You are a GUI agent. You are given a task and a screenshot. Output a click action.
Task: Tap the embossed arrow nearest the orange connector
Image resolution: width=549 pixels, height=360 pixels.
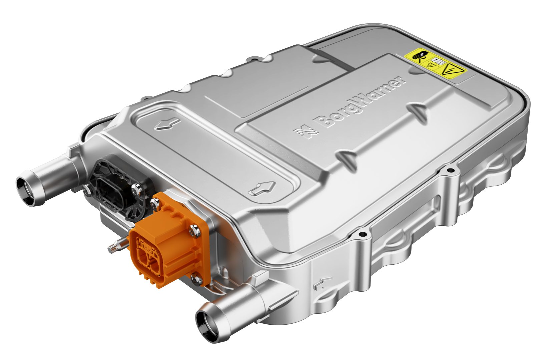point(263,188)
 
